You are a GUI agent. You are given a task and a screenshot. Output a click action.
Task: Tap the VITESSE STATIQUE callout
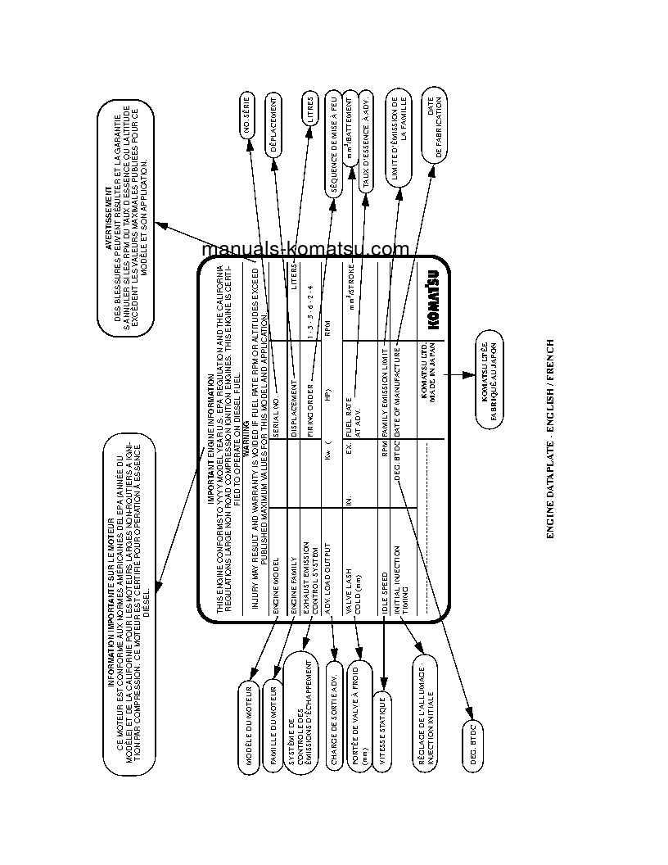381,731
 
